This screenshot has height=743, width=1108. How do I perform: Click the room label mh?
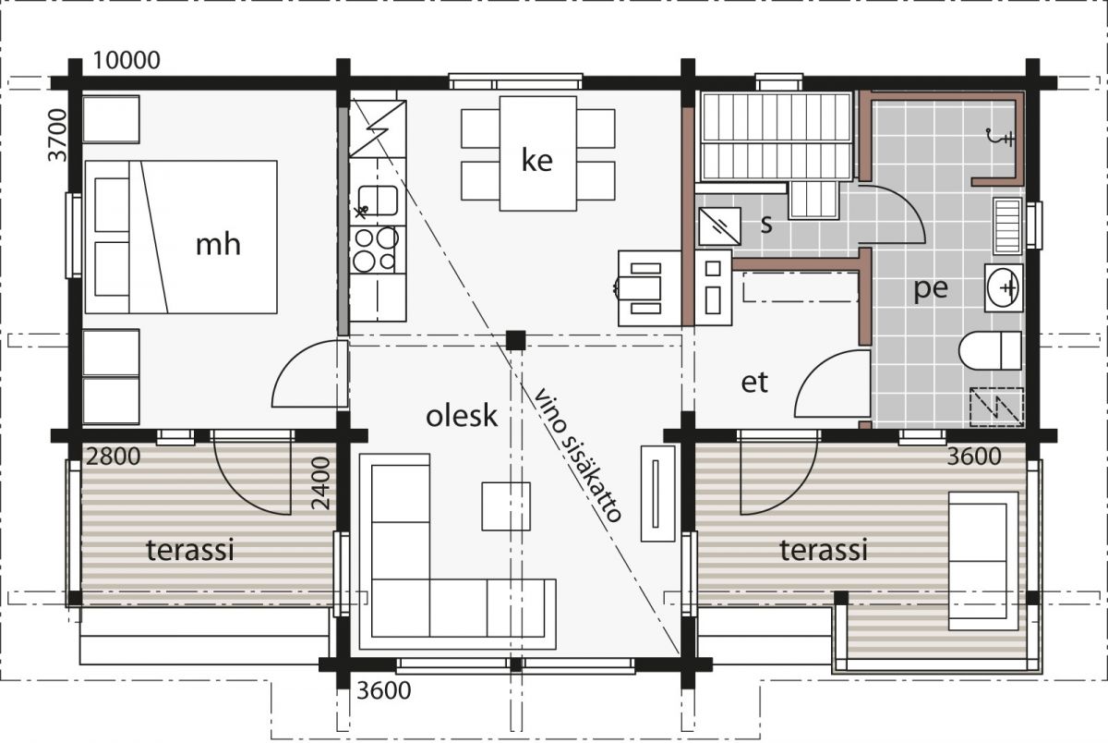[x=218, y=245]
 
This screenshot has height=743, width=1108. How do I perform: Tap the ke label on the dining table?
[x=537, y=161]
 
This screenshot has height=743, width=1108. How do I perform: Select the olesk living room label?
[x=461, y=416]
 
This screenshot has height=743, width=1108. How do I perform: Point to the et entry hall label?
[x=754, y=383]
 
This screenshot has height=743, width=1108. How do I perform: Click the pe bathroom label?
[x=931, y=288]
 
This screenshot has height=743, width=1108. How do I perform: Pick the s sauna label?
[x=766, y=225]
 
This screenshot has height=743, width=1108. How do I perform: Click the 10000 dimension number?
[x=126, y=60]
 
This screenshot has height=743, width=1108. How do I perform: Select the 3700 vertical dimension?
[x=58, y=135]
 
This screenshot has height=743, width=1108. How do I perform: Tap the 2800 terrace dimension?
[x=114, y=457]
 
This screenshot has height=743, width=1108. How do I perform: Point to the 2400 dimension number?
[x=321, y=483]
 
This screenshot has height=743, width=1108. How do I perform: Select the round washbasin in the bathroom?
[x=1004, y=287]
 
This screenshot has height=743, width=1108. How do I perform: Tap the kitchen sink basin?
[x=378, y=201]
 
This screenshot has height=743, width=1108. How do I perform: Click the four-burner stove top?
[x=378, y=250]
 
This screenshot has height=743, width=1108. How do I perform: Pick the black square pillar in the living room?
[x=515, y=341]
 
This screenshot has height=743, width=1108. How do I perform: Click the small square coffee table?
[x=506, y=506]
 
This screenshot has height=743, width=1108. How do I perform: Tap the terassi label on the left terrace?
[x=190, y=551]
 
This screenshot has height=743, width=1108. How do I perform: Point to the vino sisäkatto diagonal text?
[x=577, y=455]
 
